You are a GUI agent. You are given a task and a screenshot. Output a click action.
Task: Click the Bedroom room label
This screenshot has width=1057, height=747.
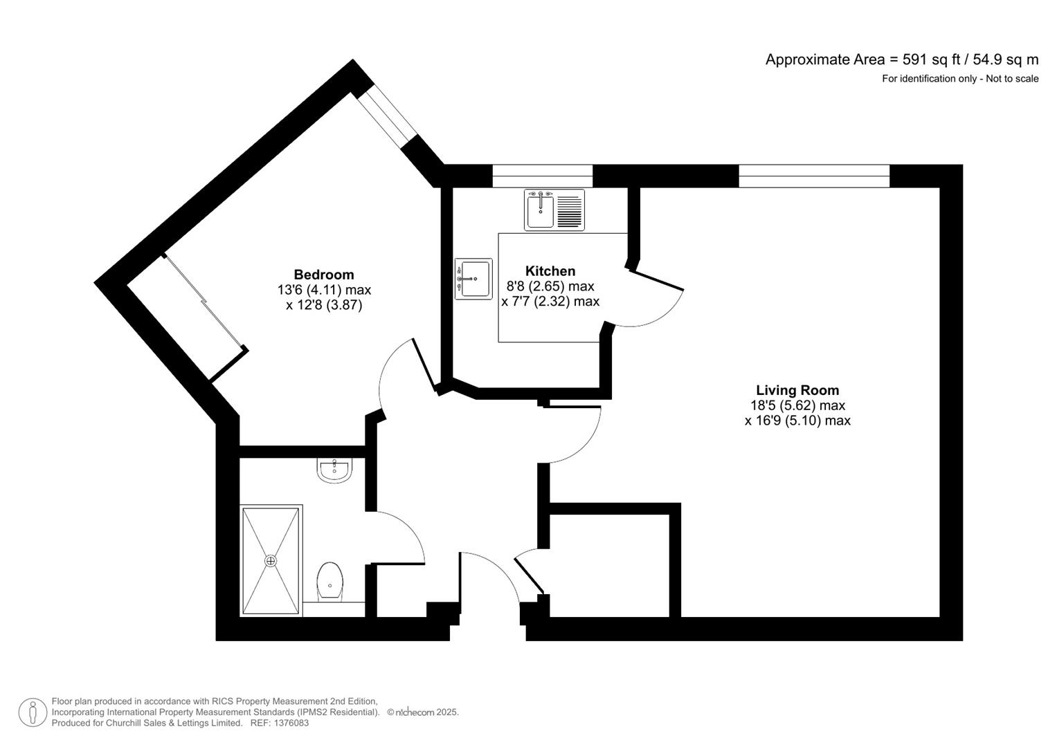323,275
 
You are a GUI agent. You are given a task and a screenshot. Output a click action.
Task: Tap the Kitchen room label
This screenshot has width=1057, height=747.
550,271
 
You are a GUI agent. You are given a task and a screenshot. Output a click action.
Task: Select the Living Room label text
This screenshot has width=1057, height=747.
797,390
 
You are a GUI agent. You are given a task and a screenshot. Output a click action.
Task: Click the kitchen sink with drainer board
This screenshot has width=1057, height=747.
554,210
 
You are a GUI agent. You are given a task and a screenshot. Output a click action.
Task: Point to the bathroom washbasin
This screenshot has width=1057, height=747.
335,470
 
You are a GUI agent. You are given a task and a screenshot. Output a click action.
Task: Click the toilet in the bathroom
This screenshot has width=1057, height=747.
330,580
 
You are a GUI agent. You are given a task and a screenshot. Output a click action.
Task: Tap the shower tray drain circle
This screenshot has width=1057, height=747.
271,561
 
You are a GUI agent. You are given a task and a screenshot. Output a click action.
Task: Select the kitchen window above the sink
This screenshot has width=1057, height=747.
543,176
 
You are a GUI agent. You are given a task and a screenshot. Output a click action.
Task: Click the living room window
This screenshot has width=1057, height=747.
813,176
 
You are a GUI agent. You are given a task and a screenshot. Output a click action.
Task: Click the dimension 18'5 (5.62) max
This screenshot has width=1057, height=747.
797,405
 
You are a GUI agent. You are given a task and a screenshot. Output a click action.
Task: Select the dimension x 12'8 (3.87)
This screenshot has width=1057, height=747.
323,305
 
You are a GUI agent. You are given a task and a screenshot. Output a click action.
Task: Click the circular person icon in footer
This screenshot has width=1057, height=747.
33,712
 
